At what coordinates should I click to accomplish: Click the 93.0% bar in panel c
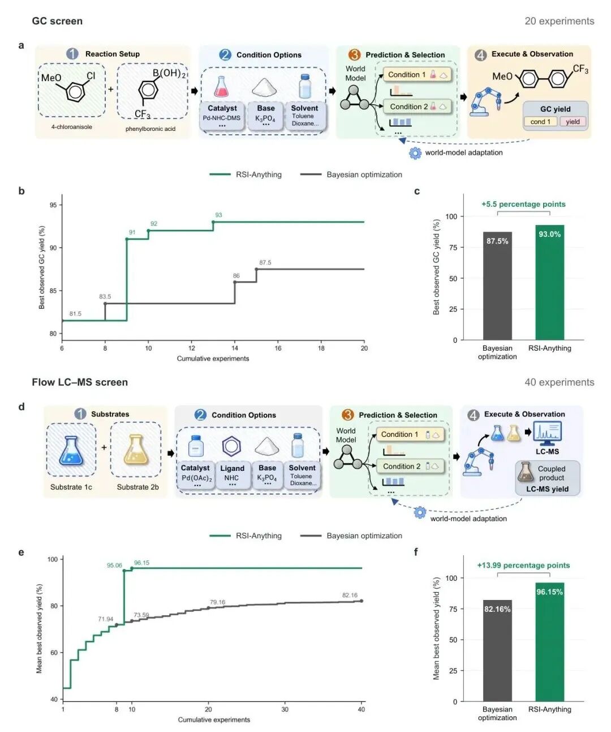549,282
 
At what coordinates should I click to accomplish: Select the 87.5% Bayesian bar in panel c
497,286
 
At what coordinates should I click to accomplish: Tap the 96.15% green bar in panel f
549,642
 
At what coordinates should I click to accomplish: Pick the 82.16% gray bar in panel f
497,650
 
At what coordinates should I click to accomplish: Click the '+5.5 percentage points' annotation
523,204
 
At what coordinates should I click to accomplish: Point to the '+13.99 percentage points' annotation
523,565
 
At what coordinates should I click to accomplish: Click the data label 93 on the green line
218,215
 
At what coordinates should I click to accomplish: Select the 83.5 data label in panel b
105,296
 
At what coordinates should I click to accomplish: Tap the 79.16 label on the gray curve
217,602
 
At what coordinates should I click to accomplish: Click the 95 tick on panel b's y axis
53,205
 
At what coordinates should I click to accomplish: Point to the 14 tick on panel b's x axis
235,348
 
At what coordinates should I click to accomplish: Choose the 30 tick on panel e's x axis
285,709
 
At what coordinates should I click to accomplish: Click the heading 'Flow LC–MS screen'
80,382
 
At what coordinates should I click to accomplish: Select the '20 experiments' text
559,21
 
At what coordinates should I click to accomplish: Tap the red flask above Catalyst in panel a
221,86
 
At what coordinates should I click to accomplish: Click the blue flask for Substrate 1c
71,451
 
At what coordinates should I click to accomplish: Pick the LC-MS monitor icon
547,433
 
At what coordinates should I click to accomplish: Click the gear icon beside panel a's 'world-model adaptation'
415,153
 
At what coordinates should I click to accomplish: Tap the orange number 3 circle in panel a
354,55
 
